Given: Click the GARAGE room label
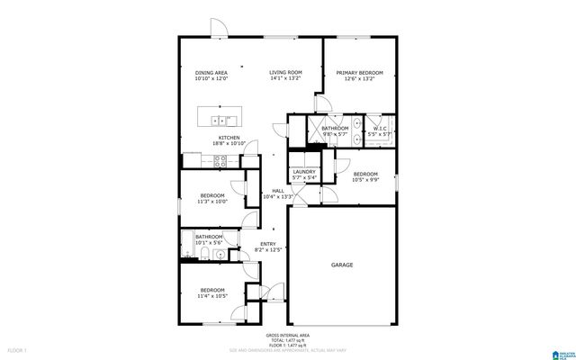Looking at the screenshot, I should click(x=341, y=265).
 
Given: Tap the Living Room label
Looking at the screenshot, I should click(x=285, y=72).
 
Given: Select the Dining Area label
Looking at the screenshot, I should click(x=211, y=72).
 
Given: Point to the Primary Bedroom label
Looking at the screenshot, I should click(x=359, y=72).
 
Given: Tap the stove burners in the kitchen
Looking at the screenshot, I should click(x=218, y=161).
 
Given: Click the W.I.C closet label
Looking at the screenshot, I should click(x=380, y=129).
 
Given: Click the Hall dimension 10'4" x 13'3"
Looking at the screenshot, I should click(x=279, y=197).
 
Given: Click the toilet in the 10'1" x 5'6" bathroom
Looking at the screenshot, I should click(x=207, y=256).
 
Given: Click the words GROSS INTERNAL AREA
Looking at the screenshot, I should click(x=287, y=333).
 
